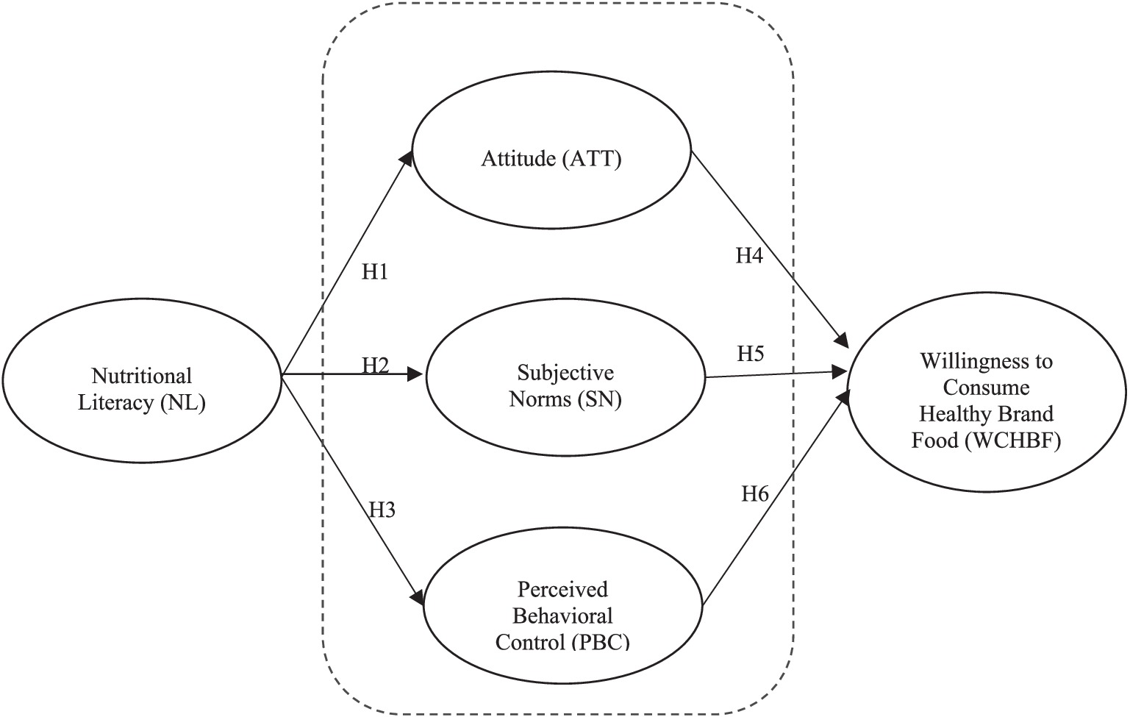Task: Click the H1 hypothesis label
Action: (x=375, y=272)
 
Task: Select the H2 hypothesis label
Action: (x=375, y=365)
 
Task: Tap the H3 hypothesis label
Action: (x=382, y=509)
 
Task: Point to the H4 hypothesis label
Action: (x=750, y=256)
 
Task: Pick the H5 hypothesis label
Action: (x=751, y=354)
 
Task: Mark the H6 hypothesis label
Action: (x=755, y=493)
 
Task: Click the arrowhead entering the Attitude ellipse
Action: (x=407, y=159)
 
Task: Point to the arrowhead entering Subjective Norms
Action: (x=418, y=375)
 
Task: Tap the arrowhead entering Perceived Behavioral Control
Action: (x=417, y=599)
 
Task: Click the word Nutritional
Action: (x=142, y=376)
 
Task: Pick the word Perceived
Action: (x=563, y=589)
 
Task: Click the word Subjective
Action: (x=565, y=372)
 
